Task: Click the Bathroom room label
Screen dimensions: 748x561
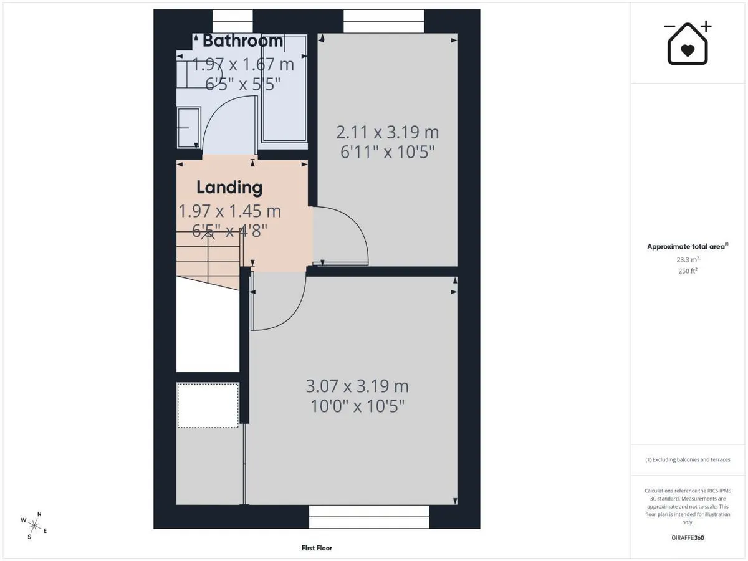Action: (x=242, y=41)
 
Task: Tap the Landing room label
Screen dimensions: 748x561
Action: (x=229, y=188)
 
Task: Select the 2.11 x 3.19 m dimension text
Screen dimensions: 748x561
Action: (x=388, y=132)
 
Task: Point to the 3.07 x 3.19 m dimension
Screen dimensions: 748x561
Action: (x=357, y=386)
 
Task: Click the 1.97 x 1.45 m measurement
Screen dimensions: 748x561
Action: (x=229, y=211)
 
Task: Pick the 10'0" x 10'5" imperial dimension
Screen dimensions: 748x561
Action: (x=357, y=406)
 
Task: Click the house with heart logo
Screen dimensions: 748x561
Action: (x=688, y=43)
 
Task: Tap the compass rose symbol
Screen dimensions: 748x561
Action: (x=34, y=526)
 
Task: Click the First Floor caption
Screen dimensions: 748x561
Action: (x=317, y=548)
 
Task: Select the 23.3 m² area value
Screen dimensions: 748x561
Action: (x=688, y=259)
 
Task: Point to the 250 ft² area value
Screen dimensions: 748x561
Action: (x=688, y=271)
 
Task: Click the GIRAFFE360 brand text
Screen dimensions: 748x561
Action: (x=688, y=538)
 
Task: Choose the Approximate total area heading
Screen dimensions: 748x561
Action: (x=688, y=246)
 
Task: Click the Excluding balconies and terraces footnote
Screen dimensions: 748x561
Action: (x=688, y=459)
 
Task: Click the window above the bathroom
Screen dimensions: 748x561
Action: (x=233, y=21)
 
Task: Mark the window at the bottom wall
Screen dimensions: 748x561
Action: (x=369, y=517)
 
